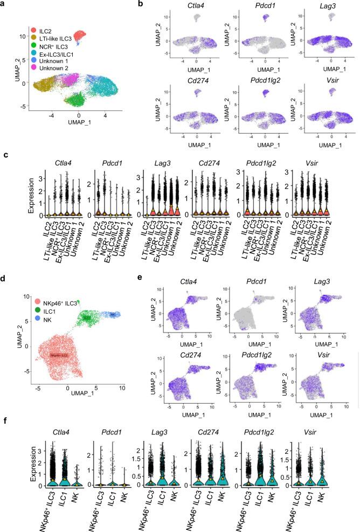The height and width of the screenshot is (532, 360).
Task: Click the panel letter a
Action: (x=4, y=4)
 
